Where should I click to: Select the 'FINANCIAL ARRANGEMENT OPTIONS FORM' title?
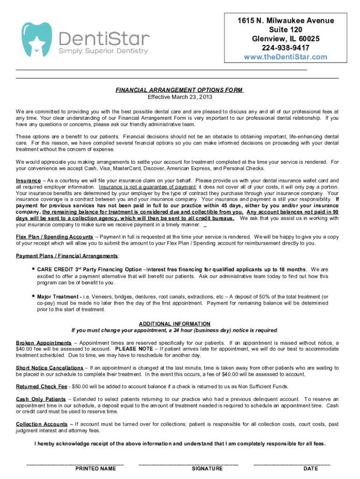[180, 90]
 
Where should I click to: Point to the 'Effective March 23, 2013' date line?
[180, 97]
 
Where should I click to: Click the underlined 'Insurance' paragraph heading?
[28, 181]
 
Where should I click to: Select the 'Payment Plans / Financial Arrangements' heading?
[67, 256]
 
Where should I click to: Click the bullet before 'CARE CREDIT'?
[33, 269]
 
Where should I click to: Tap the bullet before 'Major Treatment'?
[33, 297]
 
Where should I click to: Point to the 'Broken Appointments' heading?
[43, 343]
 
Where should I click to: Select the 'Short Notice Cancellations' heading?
[50, 368]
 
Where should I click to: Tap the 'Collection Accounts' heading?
[42, 424]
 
